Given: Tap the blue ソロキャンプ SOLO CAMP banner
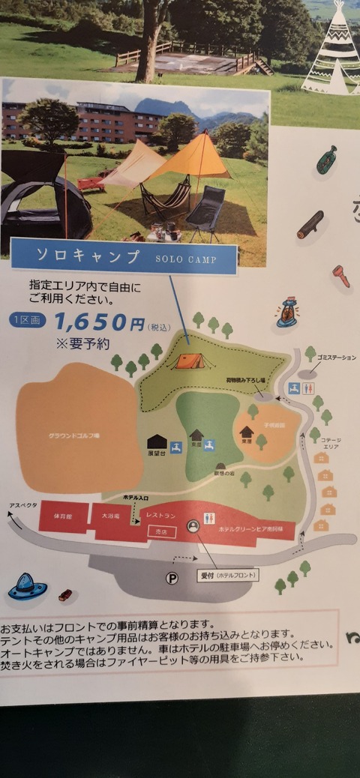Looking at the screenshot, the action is pos(124,256).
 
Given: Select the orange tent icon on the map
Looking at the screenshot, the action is pos(190,361).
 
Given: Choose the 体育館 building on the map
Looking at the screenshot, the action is pos(64,517).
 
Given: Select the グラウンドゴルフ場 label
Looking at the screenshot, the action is pos(74,435).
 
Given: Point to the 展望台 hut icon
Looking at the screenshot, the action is pos(157,443).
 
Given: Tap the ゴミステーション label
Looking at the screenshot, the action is pos(336,358).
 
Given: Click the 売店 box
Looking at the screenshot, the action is pos(158,531).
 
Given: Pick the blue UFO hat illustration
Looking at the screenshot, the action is pos(27,587).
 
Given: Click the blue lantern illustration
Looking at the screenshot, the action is pos(286,314).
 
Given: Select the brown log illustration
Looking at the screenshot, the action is pos(310,225).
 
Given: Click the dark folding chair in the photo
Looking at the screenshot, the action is pos(205,208).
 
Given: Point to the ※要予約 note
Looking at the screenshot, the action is pos(82,344).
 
